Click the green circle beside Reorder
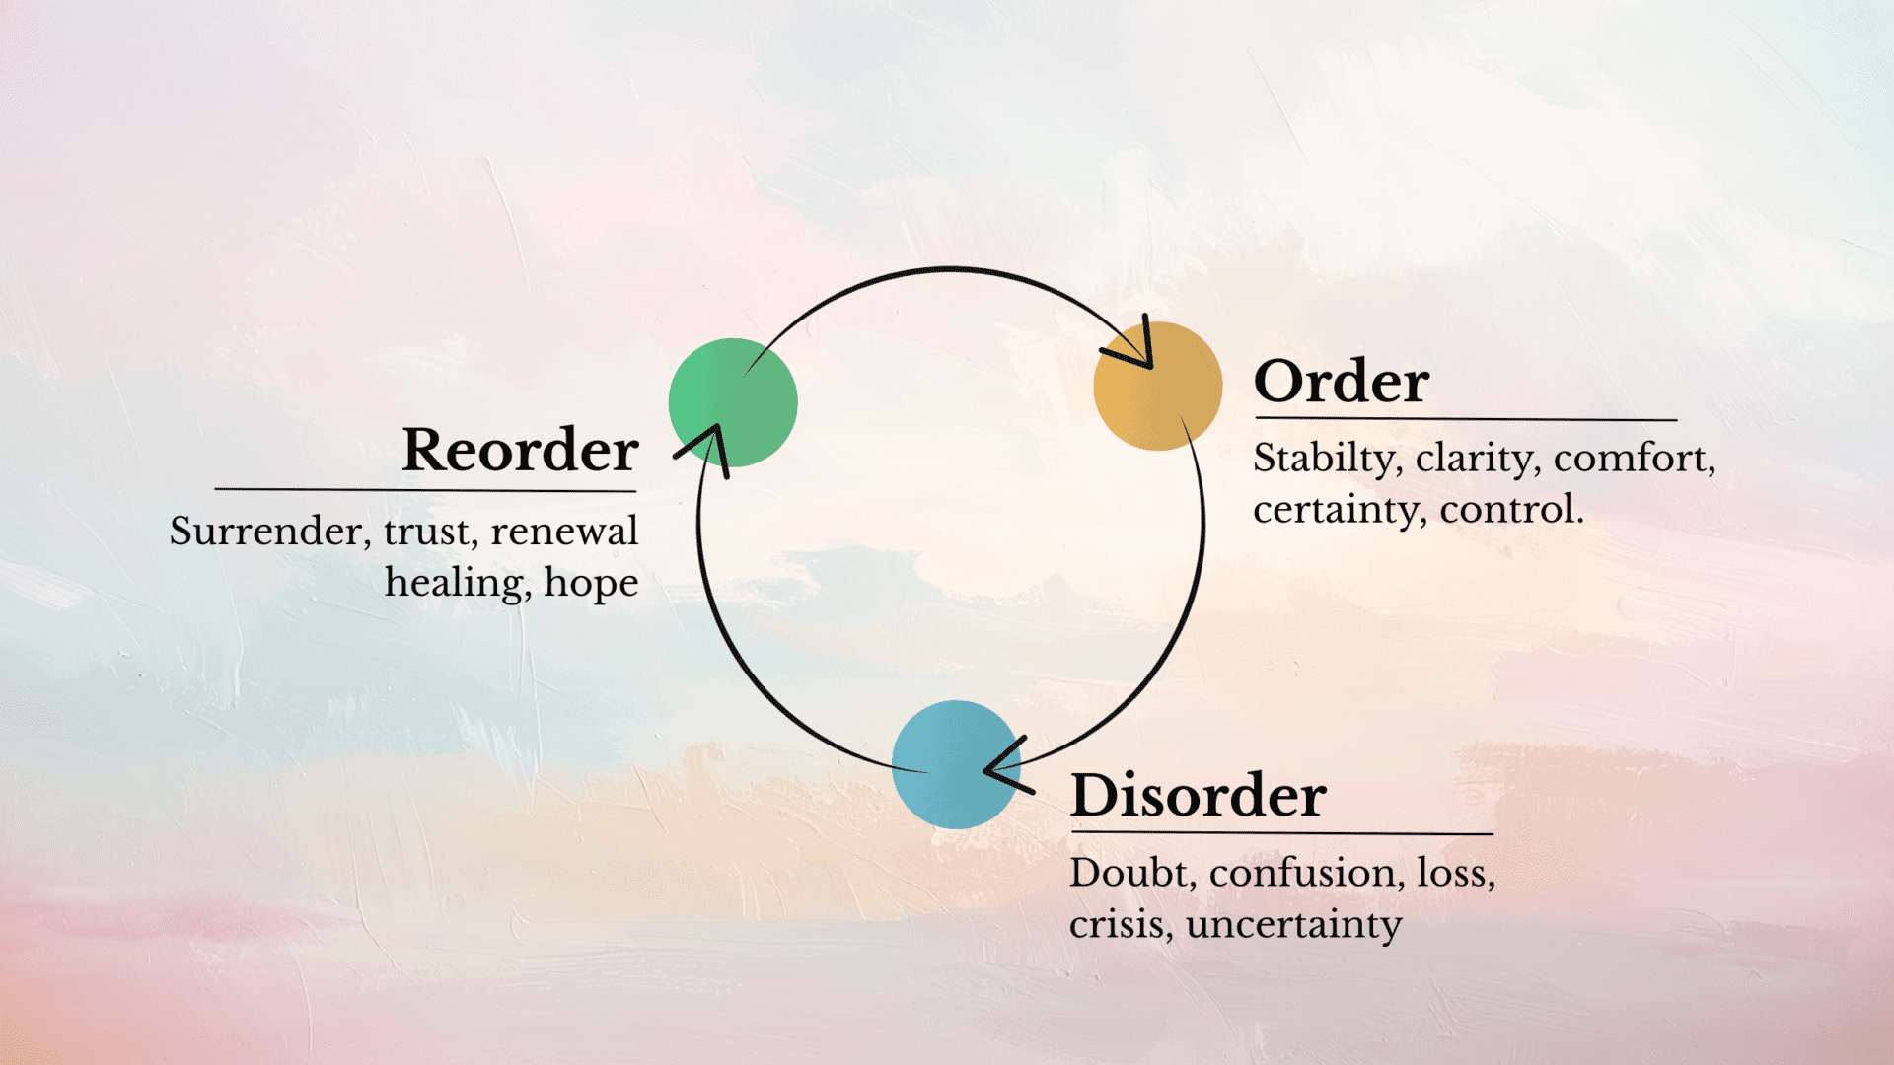(x=733, y=402)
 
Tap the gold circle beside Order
(x=1157, y=387)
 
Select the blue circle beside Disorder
(x=954, y=764)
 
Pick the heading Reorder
(x=520, y=451)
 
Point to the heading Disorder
(x=1198, y=796)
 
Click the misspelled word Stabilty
(x=1323, y=460)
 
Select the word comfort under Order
(x=1633, y=460)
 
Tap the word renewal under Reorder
(x=564, y=532)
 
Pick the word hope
(x=591, y=584)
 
